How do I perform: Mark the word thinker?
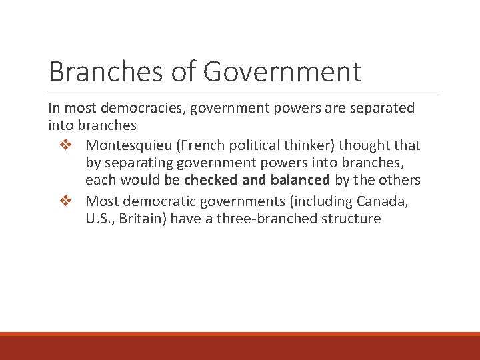(304, 145)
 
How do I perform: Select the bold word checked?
(208, 181)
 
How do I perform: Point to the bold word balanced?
(300, 181)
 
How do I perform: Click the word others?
(400, 181)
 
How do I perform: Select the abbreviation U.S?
(98, 219)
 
